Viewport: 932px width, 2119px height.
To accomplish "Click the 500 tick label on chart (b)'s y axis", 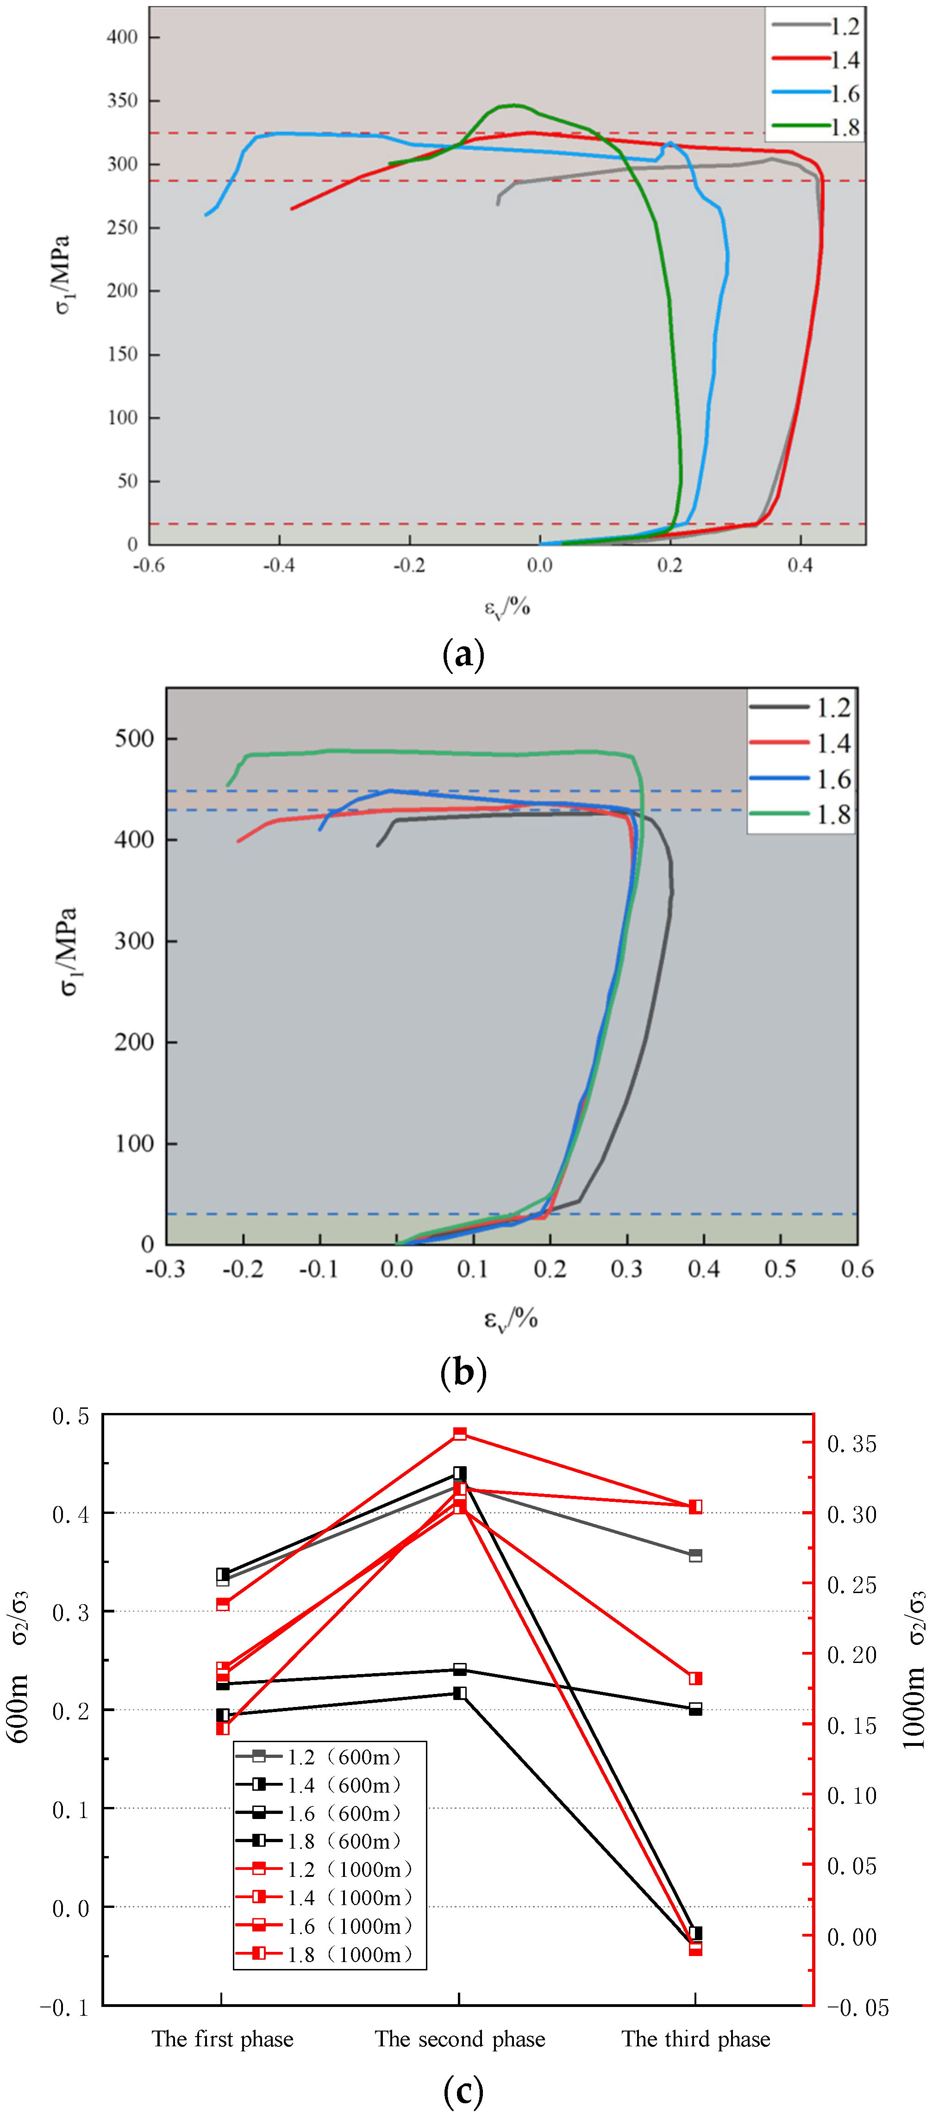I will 134,739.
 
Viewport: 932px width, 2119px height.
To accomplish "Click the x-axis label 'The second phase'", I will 460,2038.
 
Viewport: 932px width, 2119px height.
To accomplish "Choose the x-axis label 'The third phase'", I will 696,2038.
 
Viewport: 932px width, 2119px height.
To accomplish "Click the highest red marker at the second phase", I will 460,1434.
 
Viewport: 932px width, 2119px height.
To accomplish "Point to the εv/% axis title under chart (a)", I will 507,608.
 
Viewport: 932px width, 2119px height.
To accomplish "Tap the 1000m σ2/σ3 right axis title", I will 914,1670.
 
